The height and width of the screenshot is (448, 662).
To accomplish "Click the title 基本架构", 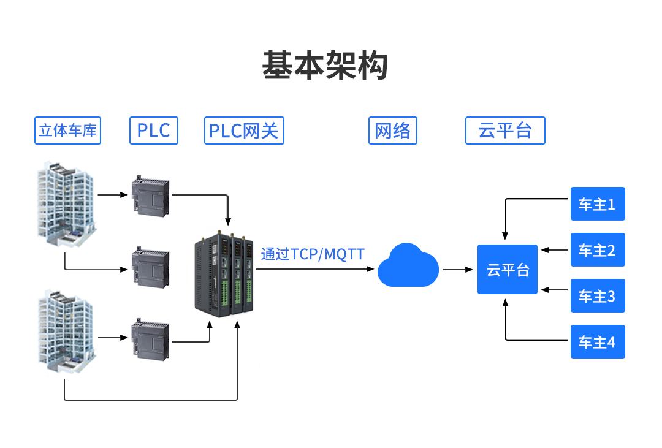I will [x=325, y=65].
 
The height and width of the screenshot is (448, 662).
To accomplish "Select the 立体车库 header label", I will [x=67, y=131].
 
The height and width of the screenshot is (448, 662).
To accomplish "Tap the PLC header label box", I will [x=153, y=131].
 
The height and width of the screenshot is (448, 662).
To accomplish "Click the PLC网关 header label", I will [x=244, y=131].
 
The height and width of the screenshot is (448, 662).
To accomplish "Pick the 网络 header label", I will [x=392, y=131].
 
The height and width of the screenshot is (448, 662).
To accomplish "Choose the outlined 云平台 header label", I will [x=505, y=131].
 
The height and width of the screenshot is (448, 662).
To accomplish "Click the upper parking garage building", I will [x=66, y=205].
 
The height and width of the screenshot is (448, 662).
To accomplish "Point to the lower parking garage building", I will [x=66, y=332].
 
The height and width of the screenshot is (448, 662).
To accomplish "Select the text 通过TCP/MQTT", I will [x=313, y=254].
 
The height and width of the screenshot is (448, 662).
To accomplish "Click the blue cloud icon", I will [x=408, y=266].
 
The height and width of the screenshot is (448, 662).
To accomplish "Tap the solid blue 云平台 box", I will [x=508, y=270].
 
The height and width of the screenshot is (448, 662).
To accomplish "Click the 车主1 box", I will [x=598, y=204].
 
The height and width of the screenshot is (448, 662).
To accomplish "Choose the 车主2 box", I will [x=598, y=250].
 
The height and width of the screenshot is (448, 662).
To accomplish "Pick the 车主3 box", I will [x=598, y=296].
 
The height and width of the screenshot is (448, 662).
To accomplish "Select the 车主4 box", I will [x=598, y=342].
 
